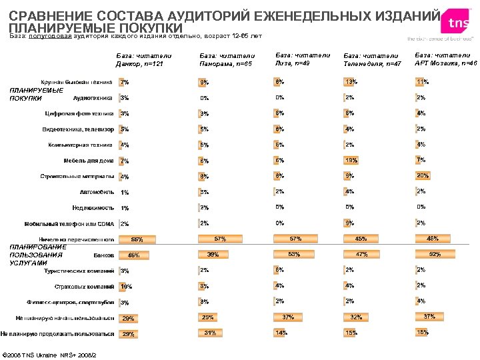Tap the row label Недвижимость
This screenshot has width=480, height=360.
click(93, 207)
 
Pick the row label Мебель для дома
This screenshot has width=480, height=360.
click(88, 161)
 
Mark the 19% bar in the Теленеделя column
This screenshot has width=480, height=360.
click(350, 160)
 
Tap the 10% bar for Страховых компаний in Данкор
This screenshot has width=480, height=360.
click(123, 286)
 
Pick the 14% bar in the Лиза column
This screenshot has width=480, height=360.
click(280, 332)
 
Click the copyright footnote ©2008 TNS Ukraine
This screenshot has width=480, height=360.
click(51, 353)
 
